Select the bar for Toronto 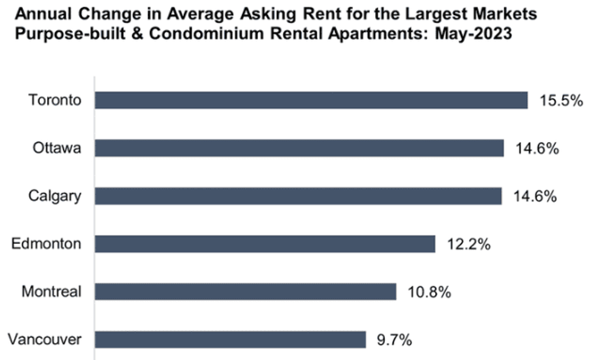point(312,100)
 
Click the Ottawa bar point(300,148)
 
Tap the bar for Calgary point(298,196)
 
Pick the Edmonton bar point(265,244)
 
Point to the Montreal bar point(246,292)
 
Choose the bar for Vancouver point(231,339)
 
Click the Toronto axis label point(54,100)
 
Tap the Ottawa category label point(57,148)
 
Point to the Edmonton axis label point(46,244)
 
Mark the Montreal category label point(51,292)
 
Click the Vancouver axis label point(45,339)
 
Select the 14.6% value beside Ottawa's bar point(536,148)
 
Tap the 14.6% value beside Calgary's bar point(534,196)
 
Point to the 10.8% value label point(428,292)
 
